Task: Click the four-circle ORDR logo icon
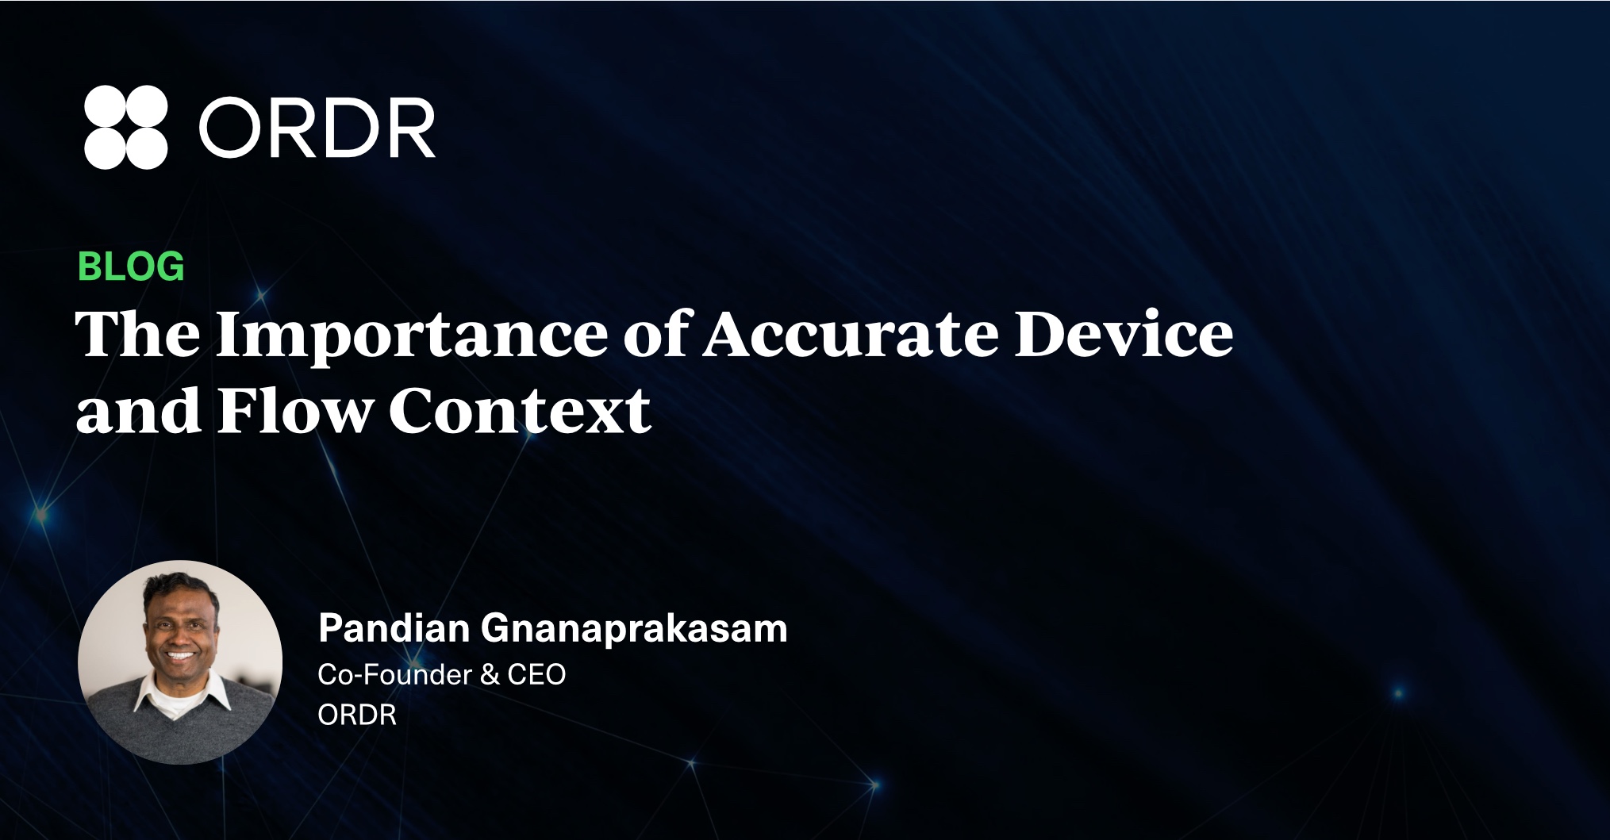[x=125, y=127]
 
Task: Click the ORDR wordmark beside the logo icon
[x=317, y=128]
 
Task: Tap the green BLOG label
[x=131, y=267]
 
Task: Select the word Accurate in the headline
[x=851, y=334]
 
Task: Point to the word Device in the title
[x=1124, y=333]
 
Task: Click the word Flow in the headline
[x=294, y=410]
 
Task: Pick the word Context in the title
[x=520, y=410]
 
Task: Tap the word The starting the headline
[x=137, y=333]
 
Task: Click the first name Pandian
[x=394, y=628]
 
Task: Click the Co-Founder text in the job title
[x=395, y=674]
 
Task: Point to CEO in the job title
[x=536, y=674]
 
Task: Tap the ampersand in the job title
[x=490, y=674]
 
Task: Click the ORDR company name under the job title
[x=357, y=715]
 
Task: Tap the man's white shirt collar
[x=181, y=696]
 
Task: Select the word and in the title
[x=138, y=410]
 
